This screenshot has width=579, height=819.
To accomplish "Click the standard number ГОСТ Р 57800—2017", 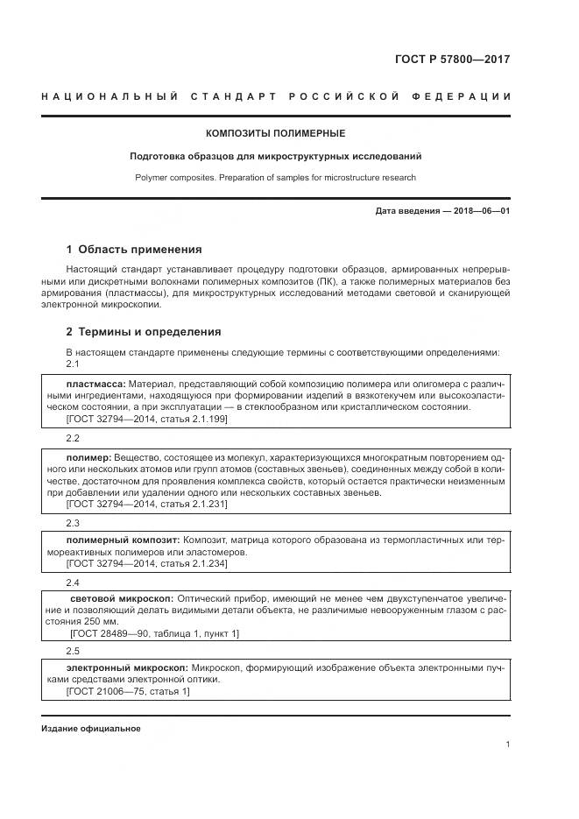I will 453,60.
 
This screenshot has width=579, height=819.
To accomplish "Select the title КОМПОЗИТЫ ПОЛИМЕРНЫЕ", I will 275,134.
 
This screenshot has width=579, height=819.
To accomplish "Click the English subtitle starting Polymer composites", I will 275,178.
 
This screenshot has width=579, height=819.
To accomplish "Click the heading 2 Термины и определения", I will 144,332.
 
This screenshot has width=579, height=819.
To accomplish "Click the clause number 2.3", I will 73,523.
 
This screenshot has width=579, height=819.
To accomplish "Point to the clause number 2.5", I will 73,651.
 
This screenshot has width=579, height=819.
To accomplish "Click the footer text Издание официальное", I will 90,729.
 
